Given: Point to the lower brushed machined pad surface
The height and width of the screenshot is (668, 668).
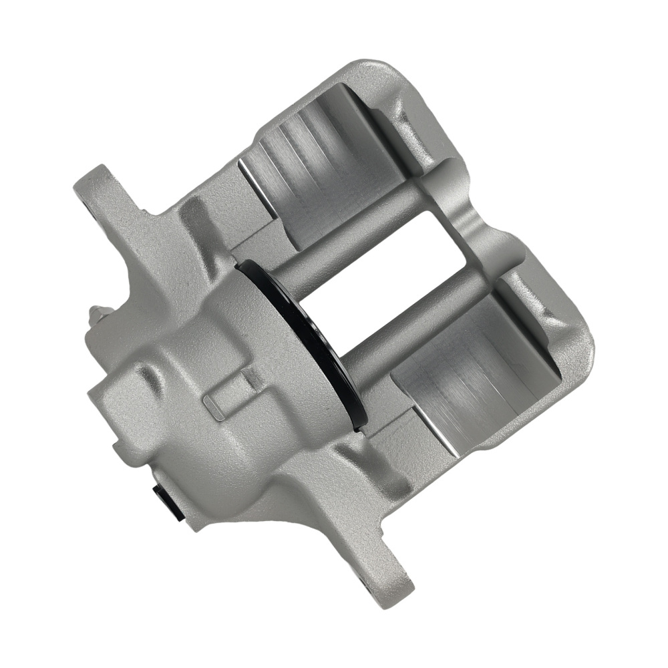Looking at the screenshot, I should coord(461,394).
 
